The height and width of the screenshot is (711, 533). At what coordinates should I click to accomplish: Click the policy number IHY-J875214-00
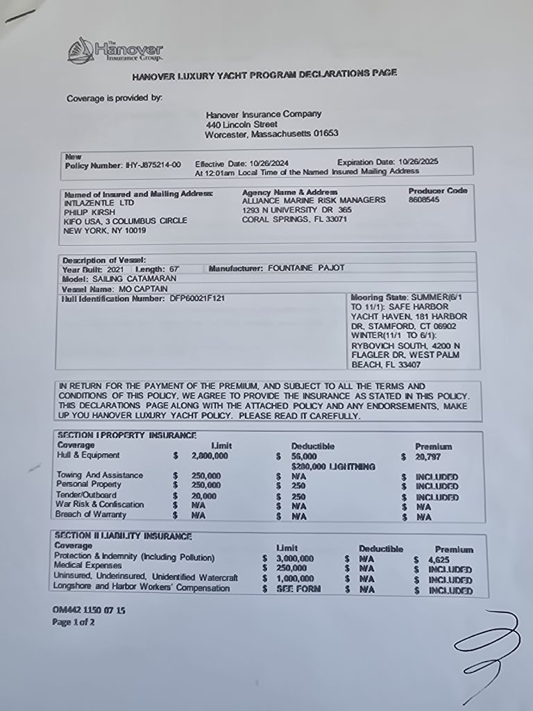[x=153, y=165]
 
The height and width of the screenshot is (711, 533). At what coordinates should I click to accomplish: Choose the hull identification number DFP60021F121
[x=197, y=299]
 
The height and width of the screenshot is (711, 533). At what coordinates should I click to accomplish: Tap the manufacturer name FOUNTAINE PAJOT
[x=306, y=268]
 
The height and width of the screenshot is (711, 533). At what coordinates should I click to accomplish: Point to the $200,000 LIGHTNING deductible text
[x=333, y=467]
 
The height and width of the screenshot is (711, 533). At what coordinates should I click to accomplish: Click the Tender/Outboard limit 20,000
[x=204, y=496]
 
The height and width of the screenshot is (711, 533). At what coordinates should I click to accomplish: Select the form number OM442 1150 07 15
[x=89, y=610]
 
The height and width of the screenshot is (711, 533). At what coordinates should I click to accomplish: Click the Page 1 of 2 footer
[x=74, y=622]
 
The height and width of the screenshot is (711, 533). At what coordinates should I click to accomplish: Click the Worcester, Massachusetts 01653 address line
[x=271, y=133]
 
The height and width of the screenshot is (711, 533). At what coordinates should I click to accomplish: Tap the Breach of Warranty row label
[x=92, y=515]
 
